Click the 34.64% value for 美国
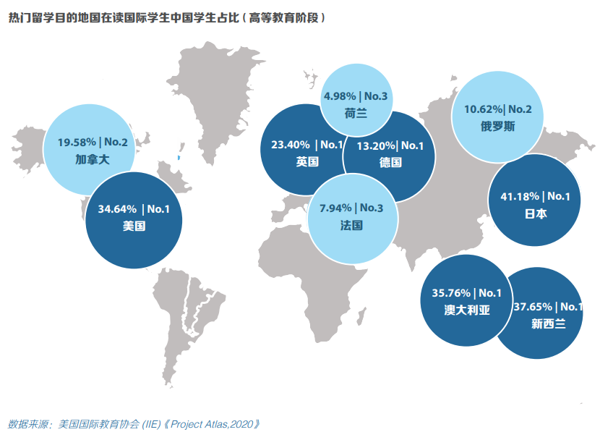pyautogui.click(x=118, y=210)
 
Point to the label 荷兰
pyautogui.click(x=356, y=113)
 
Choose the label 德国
pyautogui.click(x=390, y=162)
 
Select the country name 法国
pyautogui.click(x=351, y=225)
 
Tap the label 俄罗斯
pyautogui.click(x=498, y=126)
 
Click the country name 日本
pyautogui.click(x=536, y=213)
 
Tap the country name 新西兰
pyautogui.click(x=548, y=323)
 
